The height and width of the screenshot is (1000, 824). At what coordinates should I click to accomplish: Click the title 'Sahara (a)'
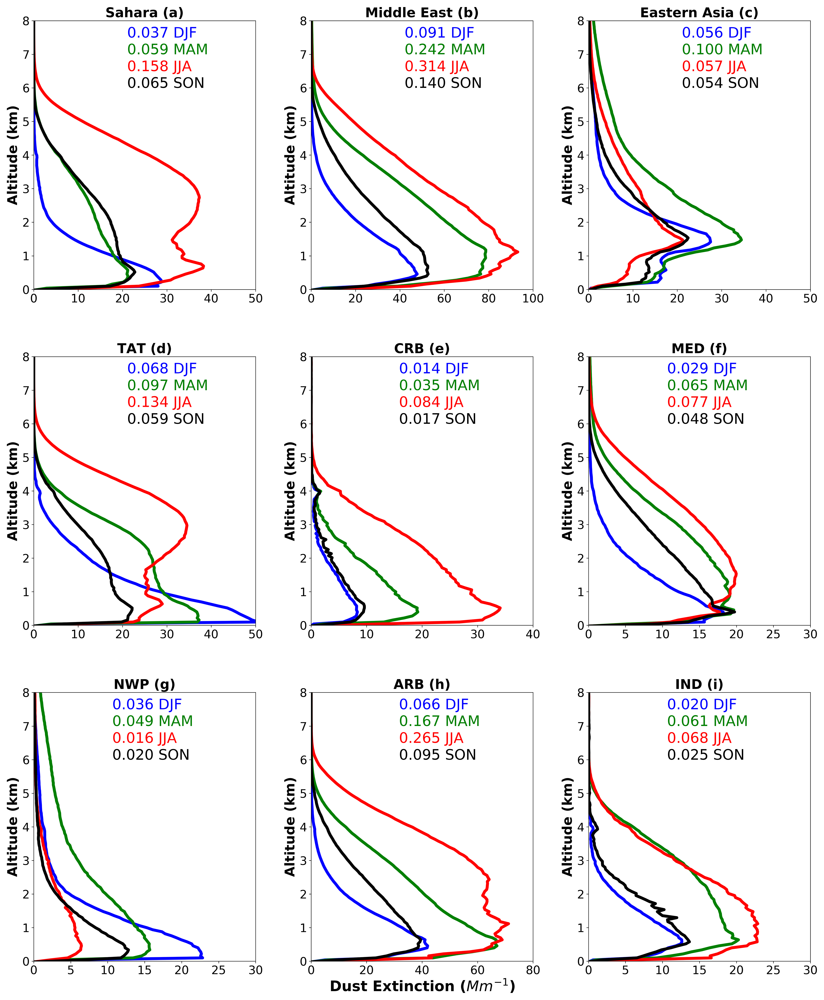[x=144, y=12]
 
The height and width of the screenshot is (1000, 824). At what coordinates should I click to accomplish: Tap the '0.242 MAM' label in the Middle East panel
[x=445, y=49]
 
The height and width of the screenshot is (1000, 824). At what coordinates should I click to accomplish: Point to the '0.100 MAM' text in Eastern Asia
[x=722, y=49]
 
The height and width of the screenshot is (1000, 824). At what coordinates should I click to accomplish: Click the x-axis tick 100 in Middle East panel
[x=533, y=298]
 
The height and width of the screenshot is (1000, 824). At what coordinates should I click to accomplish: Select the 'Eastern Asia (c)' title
[x=699, y=12]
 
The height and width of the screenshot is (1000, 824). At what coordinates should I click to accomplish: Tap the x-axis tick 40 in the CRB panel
[x=533, y=634]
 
